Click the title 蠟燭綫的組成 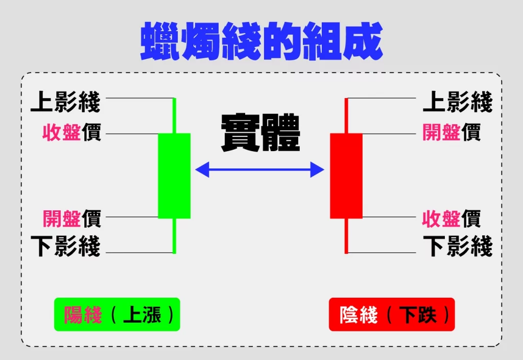coord(262,41)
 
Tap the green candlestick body coord(174,176)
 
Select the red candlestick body coord(346,176)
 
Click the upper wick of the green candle coord(174,116)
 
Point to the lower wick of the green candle coord(174,236)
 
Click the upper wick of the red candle coord(346,116)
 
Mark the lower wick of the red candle coord(346,236)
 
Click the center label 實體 coord(260,133)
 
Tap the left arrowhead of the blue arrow coord(202,170)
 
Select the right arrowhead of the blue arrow coord(317,170)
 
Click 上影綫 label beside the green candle coord(65,102)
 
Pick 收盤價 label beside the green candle coord(72,132)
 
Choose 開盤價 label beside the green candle coord(72,219)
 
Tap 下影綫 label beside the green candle coord(65,246)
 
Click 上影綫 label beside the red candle coord(458,102)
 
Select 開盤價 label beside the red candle coord(451,132)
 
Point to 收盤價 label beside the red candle coord(451,219)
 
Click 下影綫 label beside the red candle coord(458,246)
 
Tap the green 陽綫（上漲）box coord(117,315)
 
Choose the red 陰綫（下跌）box coord(392,315)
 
